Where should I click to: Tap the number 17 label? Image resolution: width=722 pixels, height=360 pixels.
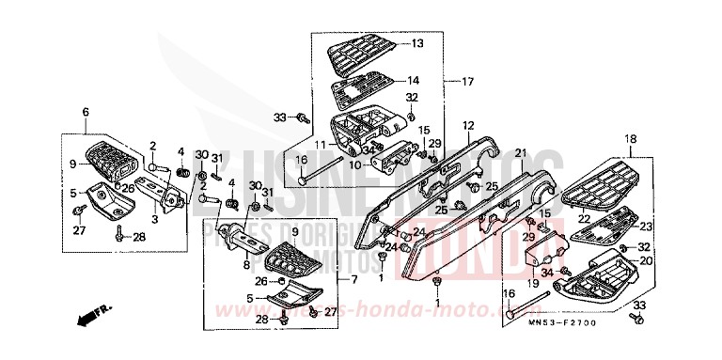466,81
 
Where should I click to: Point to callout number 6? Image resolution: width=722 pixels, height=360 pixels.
86,112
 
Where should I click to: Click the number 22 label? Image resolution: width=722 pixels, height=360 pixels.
583,218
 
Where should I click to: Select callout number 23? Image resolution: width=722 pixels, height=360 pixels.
645,226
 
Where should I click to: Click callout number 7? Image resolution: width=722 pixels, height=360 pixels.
354,280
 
